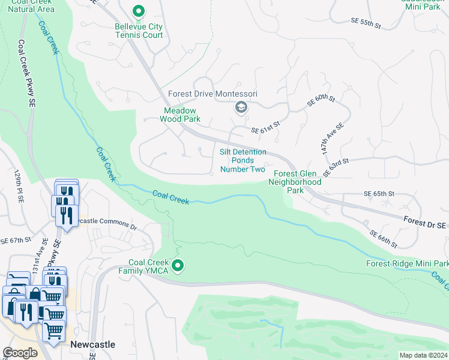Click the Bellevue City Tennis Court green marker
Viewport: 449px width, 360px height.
[139, 11]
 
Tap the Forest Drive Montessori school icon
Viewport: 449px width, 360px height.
[241, 107]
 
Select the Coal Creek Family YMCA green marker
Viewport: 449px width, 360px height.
[178, 265]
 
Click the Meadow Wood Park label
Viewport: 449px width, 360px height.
[182, 115]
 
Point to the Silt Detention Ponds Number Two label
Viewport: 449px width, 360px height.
[243, 161]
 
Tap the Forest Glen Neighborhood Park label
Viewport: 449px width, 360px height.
[298, 181]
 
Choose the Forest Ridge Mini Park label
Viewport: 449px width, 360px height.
[407, 263]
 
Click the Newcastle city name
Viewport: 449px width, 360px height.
[92, 344]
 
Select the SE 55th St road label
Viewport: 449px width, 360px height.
[366, 23]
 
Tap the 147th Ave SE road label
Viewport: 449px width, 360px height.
[331, 140]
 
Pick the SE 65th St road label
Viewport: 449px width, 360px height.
[379, 194]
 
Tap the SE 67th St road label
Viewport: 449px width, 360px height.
[15, 240]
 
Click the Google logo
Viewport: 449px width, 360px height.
[20, 353]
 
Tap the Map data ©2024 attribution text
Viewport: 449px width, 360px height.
[423, 355]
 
